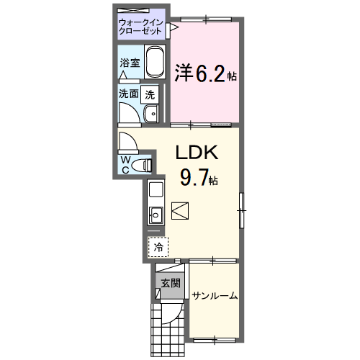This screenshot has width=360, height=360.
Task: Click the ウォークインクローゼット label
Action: click(x=142, y=27)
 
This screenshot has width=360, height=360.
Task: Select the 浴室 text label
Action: click(x=130, y=63)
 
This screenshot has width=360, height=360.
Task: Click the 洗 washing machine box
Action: click(x=149, y=94)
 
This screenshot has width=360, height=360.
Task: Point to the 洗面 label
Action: click(x=129, y=94)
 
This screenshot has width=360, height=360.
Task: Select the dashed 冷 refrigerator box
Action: click(x=157, y=247)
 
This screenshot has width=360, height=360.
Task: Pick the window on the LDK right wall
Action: click(x=243, y=208)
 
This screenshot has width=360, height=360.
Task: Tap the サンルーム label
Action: click(x=215, y=296)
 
